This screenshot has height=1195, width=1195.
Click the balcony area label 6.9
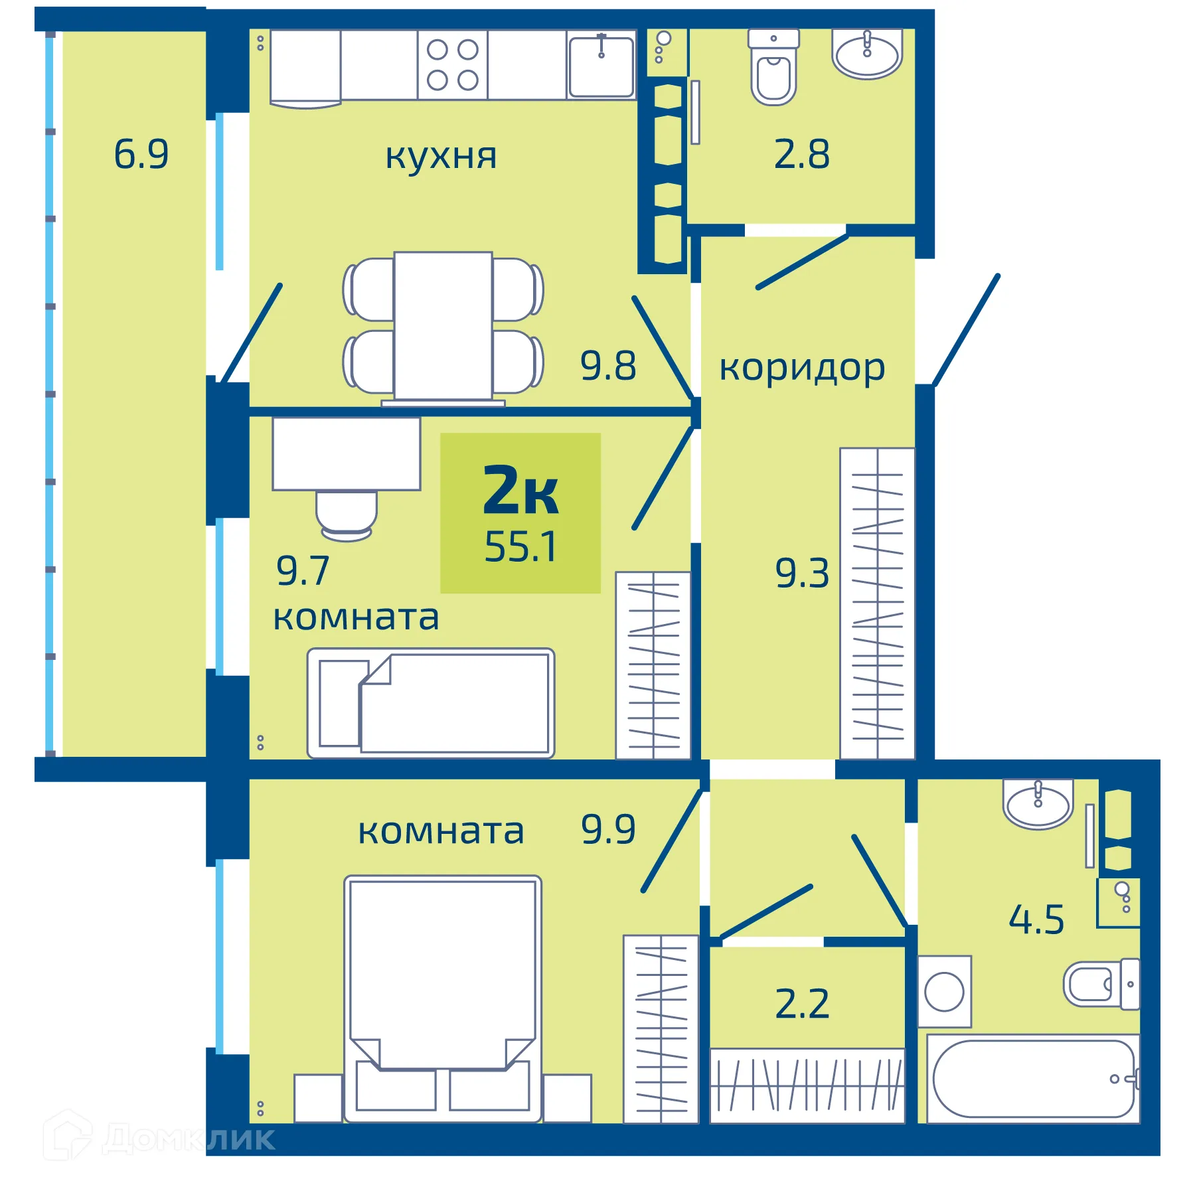[x=141, y=154]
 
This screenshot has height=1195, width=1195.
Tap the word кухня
[x=441, y=156]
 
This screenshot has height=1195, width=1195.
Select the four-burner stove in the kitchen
[x=452, y=65]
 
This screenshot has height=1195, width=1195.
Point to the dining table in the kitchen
[x=443, y=325]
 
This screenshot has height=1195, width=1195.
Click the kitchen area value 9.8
[x=607, y=365]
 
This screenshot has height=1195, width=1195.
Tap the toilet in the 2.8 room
[x=773, y=70]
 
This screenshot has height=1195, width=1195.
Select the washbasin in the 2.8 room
[x=867, y=54]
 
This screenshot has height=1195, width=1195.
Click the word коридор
[x=802, y=367]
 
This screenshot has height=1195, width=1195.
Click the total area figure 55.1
[x=520, y=546]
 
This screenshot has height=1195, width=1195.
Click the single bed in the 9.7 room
[x=430, y=703]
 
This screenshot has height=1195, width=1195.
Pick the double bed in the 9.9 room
[x=442, y=996]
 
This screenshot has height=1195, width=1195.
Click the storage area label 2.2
[x=802, y=1003]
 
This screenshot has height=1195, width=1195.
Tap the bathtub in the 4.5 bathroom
[x=1033, y=1078]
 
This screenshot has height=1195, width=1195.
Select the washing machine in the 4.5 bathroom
[x=944, y=991]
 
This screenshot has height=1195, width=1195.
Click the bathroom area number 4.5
[x=1036, y=919]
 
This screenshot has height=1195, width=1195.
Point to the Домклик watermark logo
[x=159, y=1139]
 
